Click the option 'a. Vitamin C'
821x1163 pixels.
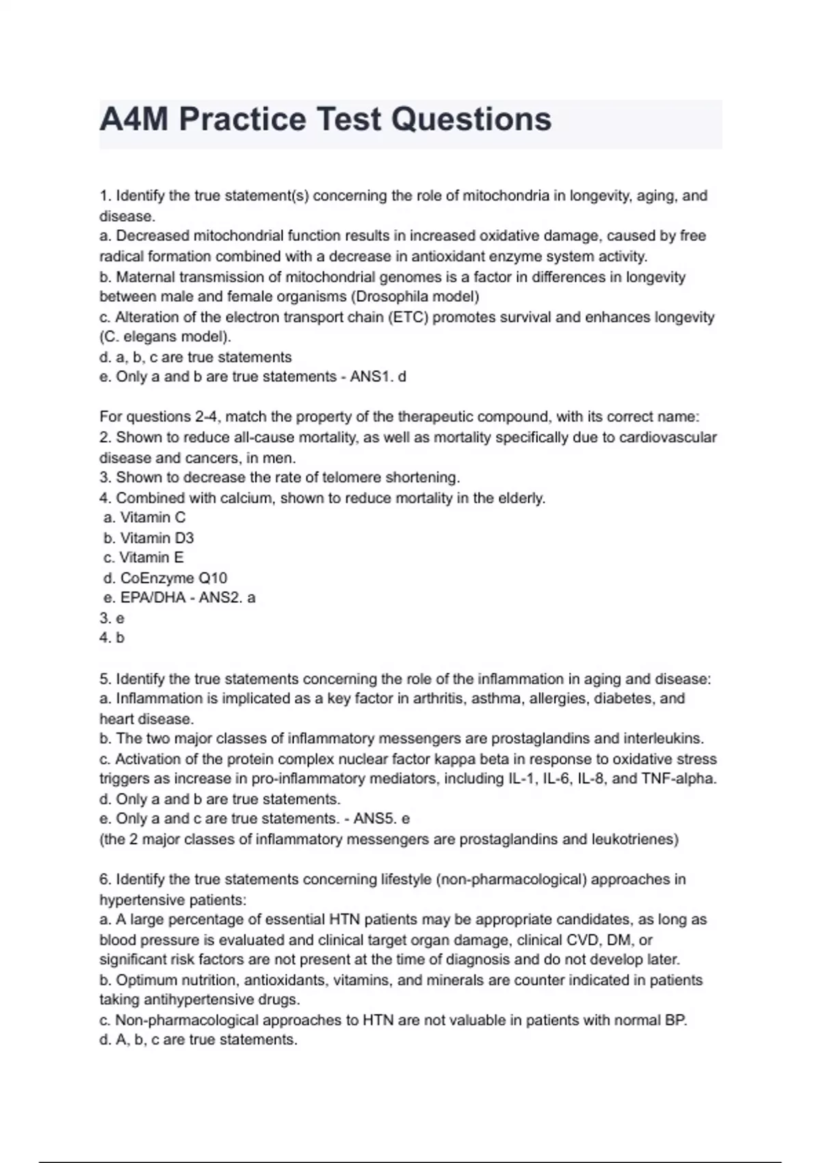144,518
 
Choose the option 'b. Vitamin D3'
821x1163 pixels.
148,538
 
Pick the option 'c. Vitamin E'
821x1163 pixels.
144,558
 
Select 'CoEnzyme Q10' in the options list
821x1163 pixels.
173,578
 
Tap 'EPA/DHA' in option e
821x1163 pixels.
153,598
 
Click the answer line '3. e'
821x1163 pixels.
112,618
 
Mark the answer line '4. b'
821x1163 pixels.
112,638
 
